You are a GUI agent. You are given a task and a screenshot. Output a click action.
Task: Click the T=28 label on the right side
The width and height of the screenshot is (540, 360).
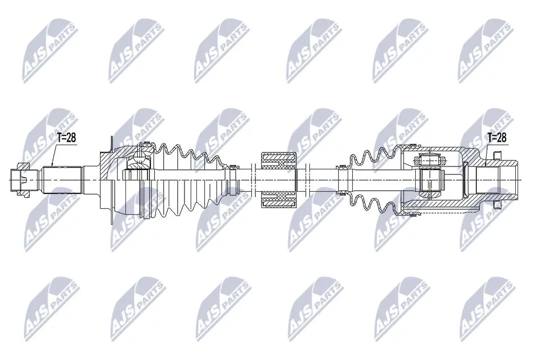click(497, 138)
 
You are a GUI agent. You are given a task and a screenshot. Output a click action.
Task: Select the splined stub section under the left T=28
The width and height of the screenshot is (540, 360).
click(62, 180)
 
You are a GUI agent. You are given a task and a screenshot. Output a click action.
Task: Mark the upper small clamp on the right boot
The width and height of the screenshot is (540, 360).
click(340, 167)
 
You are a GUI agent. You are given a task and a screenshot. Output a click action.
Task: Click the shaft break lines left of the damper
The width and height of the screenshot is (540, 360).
click(251, 180)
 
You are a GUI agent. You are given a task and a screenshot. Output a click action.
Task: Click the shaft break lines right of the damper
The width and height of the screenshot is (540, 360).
click(307, 180)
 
